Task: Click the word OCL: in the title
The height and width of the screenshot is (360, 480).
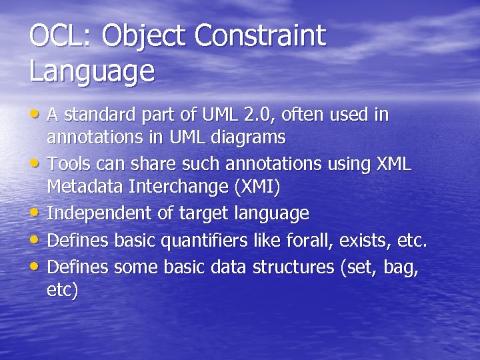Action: pyautogui.click(x=61, y=35)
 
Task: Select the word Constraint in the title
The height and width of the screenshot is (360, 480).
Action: pyautogui.click(x=261, y=35)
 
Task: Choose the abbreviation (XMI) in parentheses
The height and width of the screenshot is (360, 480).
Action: pyautogui.click(x=257, y=187)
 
